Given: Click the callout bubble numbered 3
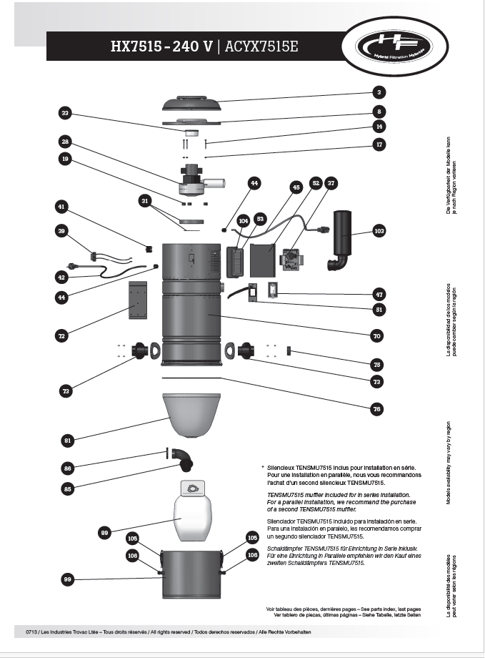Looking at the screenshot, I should [x=380, y=92].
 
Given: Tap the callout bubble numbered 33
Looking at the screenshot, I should [x=65, y=113].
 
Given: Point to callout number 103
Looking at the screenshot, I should [x=379, y=231].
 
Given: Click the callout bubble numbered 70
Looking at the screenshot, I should [x=377, y=335].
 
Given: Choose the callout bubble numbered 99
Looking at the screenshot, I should [x=67, y=579].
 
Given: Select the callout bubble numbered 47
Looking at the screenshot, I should [x=379, y=293].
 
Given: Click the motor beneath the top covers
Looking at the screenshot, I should [x=195, y=180].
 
